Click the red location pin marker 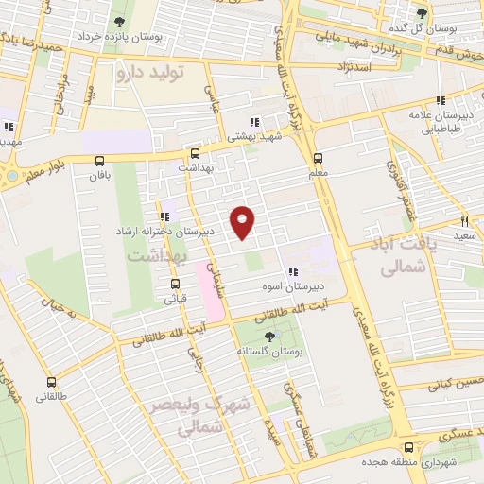tap(244, 223)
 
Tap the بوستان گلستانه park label tap(271, 352)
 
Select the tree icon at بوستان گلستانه tap(271, 337)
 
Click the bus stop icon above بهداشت tap(195, 152)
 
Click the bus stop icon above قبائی tap(176, 283)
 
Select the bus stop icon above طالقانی tap(51, 384)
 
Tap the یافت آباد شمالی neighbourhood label tap(398, 256)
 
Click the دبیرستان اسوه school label tap(292, 284)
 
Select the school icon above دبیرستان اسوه tap(293, 268)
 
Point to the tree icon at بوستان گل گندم tap(422, 12)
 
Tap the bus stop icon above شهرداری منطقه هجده tap(407, 447)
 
